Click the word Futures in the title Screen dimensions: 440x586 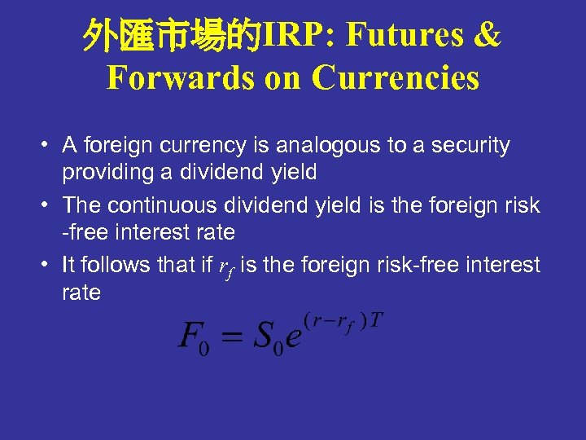click(x=404, y=35)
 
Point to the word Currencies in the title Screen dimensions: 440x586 click(x=396, y=78)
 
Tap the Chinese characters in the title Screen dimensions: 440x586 click(x=172, y=35)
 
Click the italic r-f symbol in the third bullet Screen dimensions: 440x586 click(x=225, y=267)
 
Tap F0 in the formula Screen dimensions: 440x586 click(x=195, y=337)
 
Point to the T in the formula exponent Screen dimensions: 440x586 click(x=375, y=318)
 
